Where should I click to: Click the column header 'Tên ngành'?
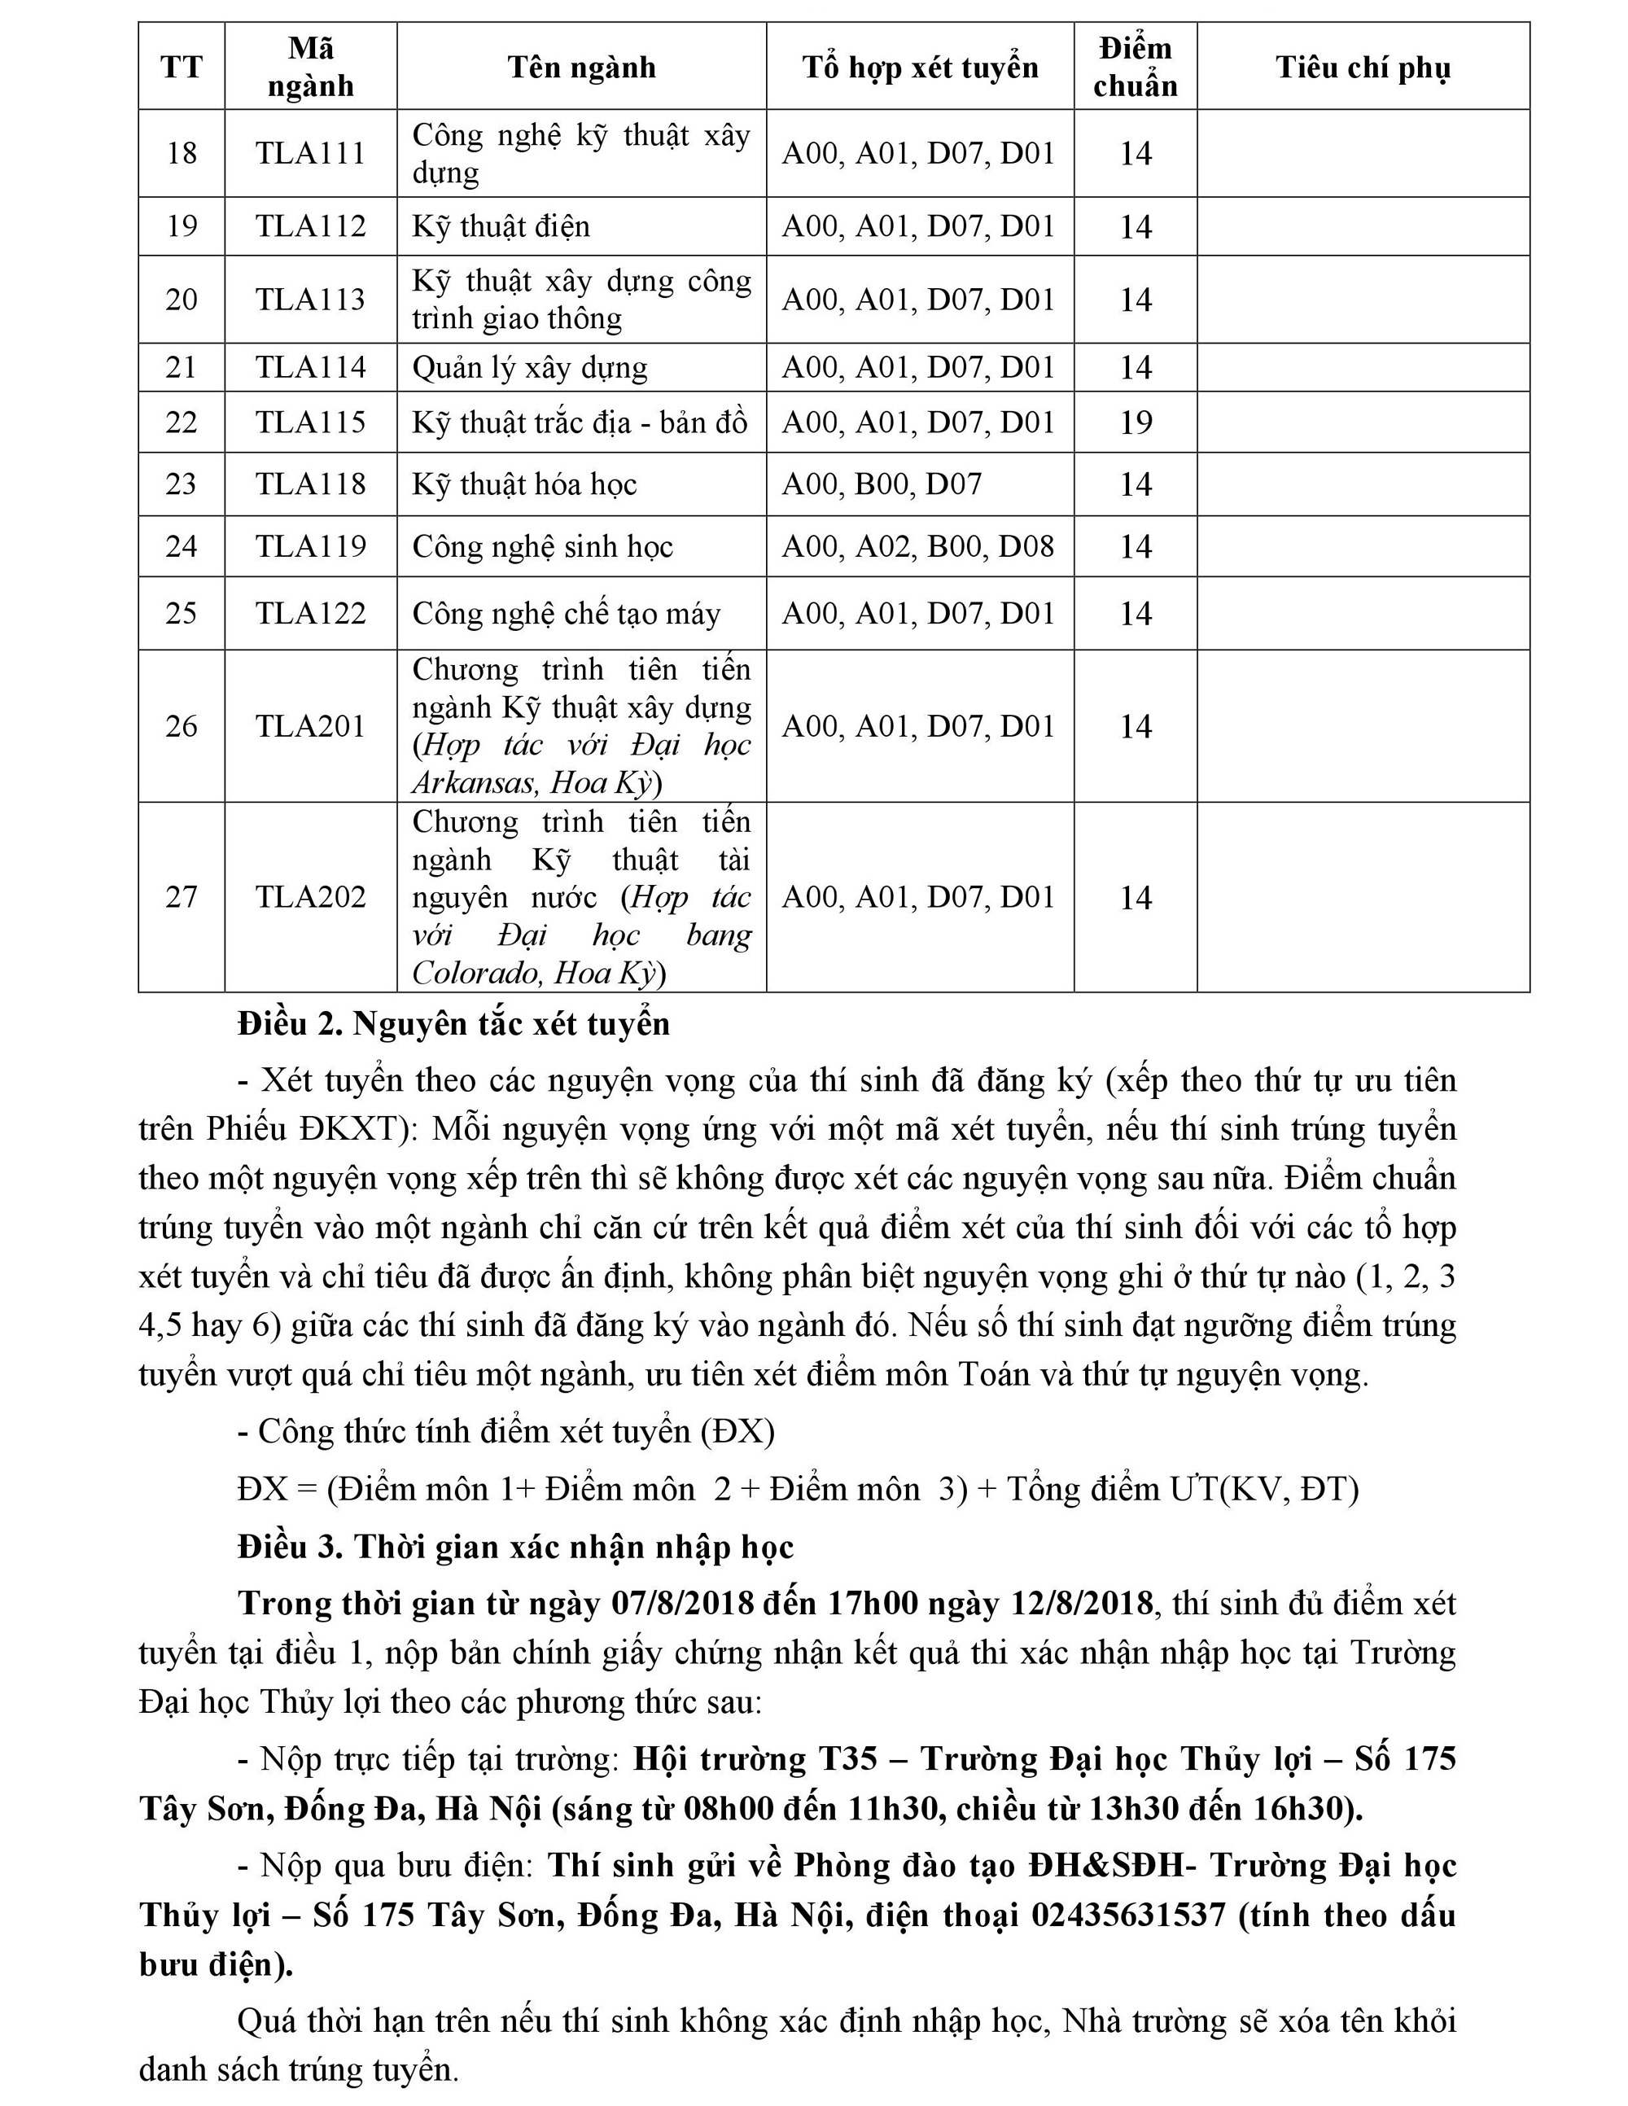click(581, 68)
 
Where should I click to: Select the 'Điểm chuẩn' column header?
click(1136, 68)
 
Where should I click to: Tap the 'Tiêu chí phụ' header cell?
click(1363, 68)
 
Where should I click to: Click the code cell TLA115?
click(311, 423)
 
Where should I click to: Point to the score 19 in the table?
click(1136, 423)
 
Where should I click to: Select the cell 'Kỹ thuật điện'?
click(501, 226)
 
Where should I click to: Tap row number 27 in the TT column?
click(182, 898)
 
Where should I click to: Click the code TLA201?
click(311, 726)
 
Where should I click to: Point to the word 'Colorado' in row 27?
click(476, 973)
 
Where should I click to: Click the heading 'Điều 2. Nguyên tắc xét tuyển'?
click(453, 1024)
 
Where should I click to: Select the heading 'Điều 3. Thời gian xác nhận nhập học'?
click(515, 1547)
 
